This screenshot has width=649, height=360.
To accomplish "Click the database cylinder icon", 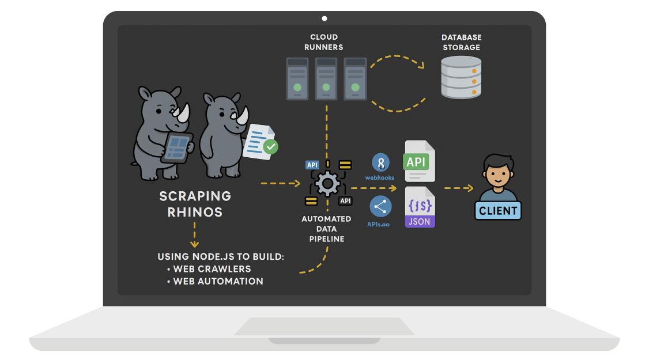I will point(461,77).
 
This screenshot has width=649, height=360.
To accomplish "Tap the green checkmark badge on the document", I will point(270,147).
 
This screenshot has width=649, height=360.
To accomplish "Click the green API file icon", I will point(419,161).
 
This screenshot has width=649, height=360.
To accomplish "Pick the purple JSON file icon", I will point(420,207).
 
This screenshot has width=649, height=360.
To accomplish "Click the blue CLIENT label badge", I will point(498,211).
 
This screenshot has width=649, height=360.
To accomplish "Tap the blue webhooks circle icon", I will point(380,162).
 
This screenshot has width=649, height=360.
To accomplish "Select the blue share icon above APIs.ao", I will point(380,206).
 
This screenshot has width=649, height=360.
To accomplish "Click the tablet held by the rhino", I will point(177,146).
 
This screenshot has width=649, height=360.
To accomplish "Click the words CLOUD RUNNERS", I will point(324,42).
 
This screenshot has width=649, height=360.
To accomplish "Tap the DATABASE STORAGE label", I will point(461,42).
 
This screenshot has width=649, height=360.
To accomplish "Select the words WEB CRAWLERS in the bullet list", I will point(212,269).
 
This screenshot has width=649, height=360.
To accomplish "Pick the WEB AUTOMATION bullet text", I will point(218,282).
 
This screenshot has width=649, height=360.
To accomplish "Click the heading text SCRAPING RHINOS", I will point(195,204).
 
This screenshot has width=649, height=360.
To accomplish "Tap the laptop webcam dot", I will point(324,18).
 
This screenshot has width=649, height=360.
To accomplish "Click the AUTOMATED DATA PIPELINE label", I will point(326,229).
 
